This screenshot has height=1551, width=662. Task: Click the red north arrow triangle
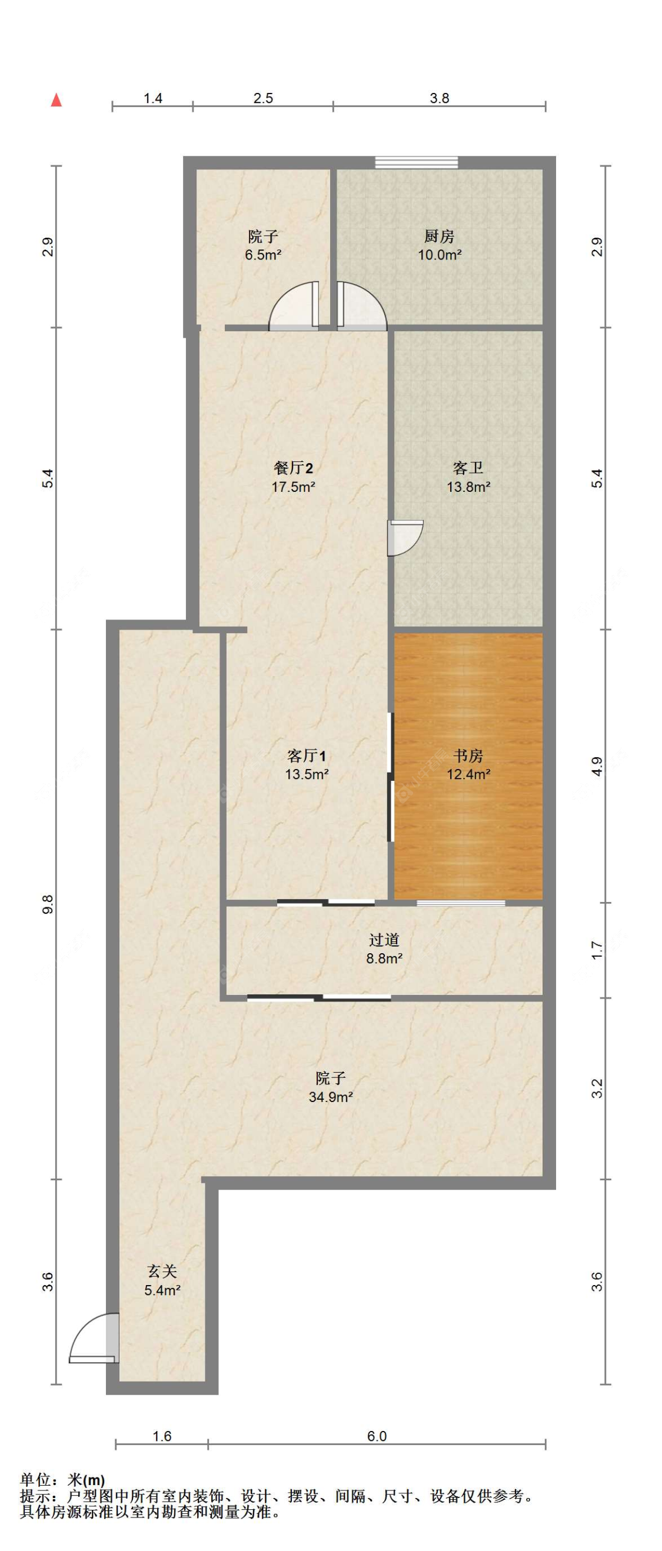click(56, 100)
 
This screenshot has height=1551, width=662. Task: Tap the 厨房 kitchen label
click(440, 236)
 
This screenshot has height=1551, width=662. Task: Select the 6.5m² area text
click(263, 255)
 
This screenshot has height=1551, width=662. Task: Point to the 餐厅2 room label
click(294, 468)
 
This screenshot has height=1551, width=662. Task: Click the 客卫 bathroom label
click(468, 468)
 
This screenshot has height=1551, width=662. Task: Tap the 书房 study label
click(468, 755)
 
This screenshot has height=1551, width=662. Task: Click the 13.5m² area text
click(307, 774)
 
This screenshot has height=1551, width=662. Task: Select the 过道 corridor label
click(384, 940)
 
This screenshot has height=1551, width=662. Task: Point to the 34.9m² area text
click(331, 1097)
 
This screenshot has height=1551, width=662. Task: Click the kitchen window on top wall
click(416, 162)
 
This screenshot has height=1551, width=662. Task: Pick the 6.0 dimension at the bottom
click(377, 1437)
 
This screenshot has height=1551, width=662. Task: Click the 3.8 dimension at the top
click(440, 98)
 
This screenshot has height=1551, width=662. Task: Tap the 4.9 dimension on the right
click(597, 766)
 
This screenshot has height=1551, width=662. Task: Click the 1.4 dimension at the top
click(153, 98)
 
